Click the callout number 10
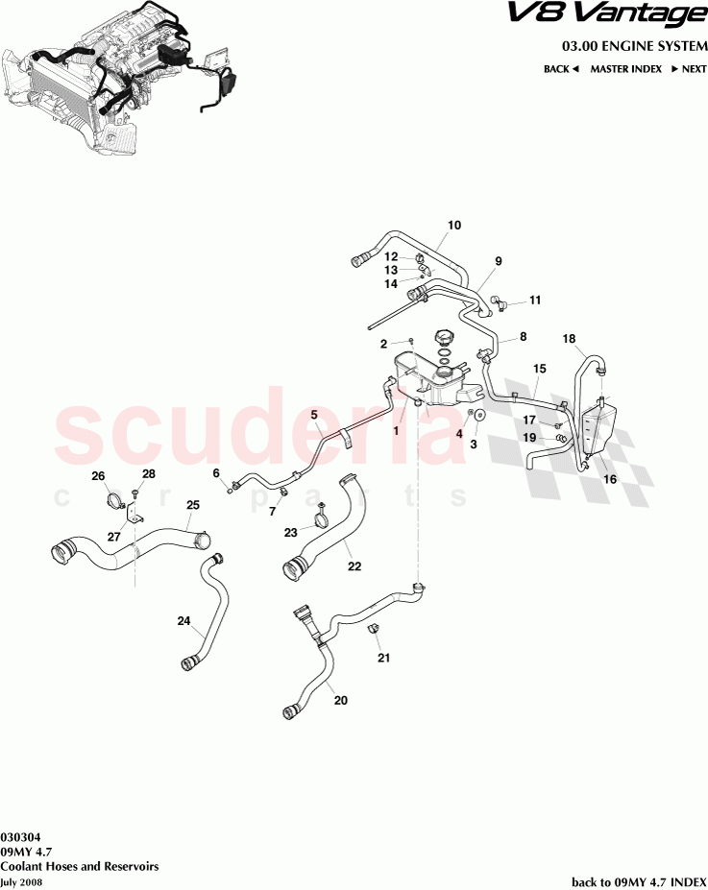click(x=454, y=226)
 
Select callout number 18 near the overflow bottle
click(x=569, y=339)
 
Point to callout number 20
click(x=340, y=700)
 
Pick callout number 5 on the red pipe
click(x=313, y=415)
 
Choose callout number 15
click(x=539, y=369)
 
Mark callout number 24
click(x=183, y=621)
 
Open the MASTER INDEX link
click(x=625, y=69)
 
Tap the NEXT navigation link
click(x=689, y=69)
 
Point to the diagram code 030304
click(x=20, y=836)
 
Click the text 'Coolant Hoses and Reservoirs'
click(x=80, y=866)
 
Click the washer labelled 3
click(x=477, y=415)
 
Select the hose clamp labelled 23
click(x=322, y=524)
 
